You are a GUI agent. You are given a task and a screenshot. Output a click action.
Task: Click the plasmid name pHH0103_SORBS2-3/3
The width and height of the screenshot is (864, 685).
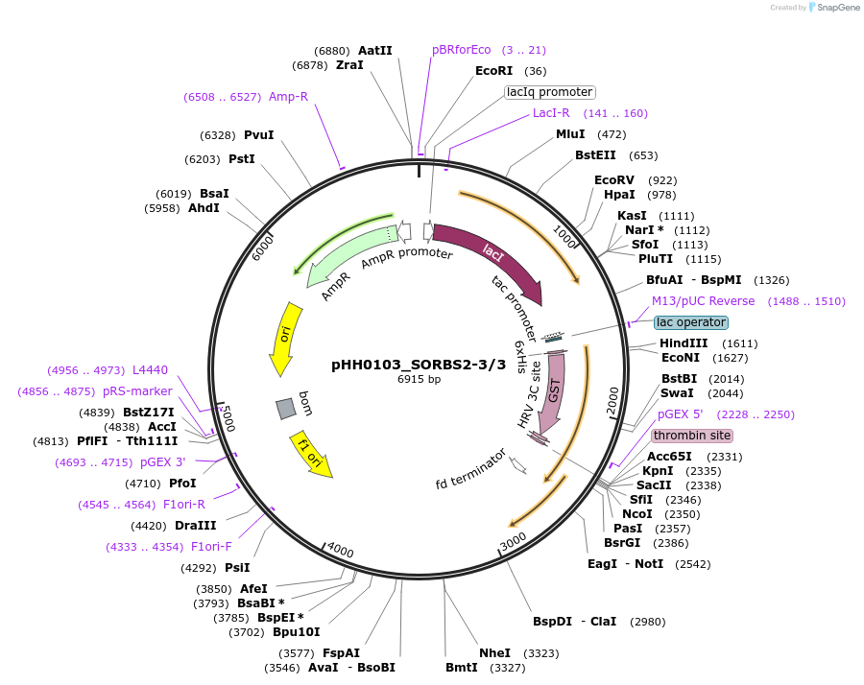(418, 365)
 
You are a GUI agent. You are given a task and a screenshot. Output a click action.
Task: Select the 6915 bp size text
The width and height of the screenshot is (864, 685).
(419, 379)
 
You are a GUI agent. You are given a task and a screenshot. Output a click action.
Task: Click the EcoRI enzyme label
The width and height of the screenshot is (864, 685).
(494, 71)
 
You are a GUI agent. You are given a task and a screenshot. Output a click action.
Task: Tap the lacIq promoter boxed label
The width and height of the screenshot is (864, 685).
(550, 92)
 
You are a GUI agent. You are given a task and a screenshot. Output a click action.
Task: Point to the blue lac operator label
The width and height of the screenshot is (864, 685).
(691, 322)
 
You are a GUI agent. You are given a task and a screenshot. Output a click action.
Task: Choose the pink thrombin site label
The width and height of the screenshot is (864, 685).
(691, 436)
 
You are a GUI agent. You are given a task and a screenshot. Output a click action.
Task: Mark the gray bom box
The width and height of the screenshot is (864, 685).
(285, 409)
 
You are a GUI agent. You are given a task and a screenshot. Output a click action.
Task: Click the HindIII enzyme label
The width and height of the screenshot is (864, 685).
(683, 343)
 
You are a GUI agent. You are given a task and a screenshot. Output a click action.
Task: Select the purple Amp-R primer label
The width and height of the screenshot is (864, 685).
(288, 97)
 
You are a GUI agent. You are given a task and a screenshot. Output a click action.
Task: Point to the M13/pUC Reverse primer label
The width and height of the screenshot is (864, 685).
(704, 301)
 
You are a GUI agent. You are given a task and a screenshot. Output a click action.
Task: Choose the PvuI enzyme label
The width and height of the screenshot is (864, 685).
(258, 135)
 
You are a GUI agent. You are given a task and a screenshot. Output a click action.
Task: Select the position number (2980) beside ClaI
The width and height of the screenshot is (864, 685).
(647, 622)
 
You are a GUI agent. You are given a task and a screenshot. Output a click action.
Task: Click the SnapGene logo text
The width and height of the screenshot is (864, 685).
(834, 8)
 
